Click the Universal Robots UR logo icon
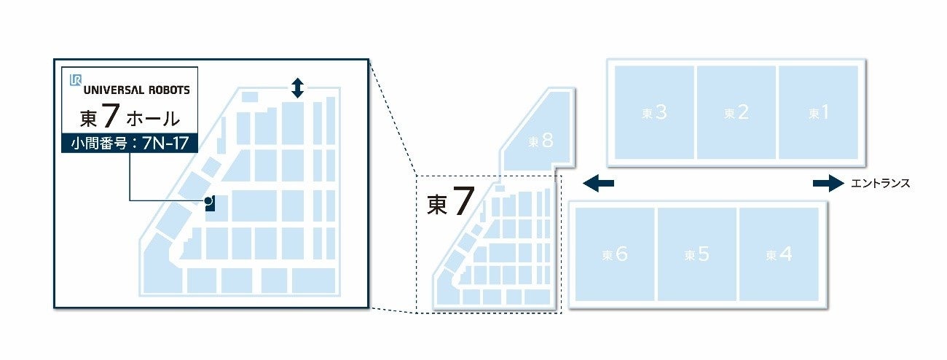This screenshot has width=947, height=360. [x=75, y=80]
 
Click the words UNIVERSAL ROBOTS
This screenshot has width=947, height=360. [x=136, y=90]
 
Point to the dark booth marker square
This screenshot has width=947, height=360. [x=211, y=206]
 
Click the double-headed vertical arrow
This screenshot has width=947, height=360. [x=296, y=88]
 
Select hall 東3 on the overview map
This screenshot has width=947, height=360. [x=654, y=112]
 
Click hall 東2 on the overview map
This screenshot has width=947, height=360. [x=736, y=112]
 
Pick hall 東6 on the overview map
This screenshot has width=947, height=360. [x=615, y=254]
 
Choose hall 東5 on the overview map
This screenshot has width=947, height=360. [x=697, y=254]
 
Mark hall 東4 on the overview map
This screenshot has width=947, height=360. [x=779, y=254]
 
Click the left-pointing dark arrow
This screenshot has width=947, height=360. [x=598, y=184]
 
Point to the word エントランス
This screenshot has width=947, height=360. [x=880, y=184]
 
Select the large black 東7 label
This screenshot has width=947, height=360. [x=446, y=203]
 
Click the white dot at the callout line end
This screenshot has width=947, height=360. [x=208, y=200]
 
